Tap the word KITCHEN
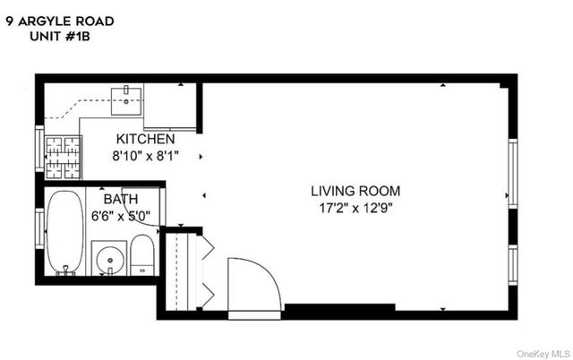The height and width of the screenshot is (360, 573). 145,140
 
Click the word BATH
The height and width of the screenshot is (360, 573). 120,199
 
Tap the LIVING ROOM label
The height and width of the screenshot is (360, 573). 355,191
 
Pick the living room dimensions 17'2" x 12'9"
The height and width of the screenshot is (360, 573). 355,207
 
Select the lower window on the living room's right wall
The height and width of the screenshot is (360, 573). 512,264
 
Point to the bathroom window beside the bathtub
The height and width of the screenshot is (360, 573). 39,228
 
